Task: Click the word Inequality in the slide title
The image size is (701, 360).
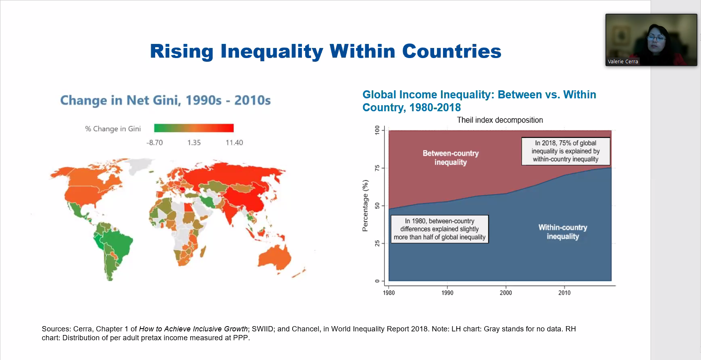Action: click(x=272, y=52)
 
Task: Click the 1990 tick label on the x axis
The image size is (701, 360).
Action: click(x=447, y=293)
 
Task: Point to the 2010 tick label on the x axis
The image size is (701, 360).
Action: click(x=564, y=293)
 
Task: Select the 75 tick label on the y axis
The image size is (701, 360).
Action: click(x=377, y=168)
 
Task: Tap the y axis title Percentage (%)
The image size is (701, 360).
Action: click(x=365, y=206)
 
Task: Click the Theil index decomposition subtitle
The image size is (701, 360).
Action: click(x=499, y=120)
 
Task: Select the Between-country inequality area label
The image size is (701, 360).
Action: click(x=451, y=158)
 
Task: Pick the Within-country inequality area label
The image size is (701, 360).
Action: click(x=563, y=232)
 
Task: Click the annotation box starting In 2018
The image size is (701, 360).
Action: click(x=566, y=151)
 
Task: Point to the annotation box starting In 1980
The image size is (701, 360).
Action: click(x=439, y=229)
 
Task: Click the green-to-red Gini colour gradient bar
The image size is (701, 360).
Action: click(x=193, y=128)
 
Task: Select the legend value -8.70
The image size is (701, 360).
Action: click(x=154, y=143)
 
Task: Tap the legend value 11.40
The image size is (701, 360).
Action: click(x=234, y=143)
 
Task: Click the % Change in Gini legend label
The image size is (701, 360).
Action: click(x=113, y=129)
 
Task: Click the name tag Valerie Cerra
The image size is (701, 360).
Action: click(x=623, y=62)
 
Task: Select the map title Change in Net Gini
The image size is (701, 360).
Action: click(x=165, y=100)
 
